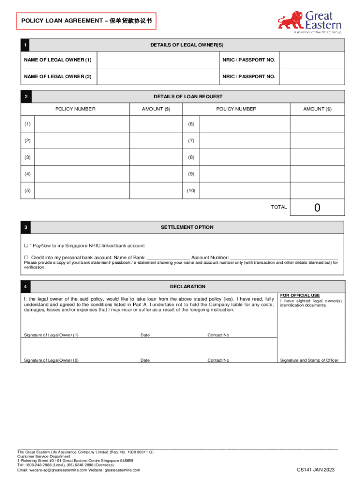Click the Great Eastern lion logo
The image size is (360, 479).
pyautogui.click(x=291, y=21)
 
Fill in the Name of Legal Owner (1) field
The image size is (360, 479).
pyautogui.click(x=157, y=60)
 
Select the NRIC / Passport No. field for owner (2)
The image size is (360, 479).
pyautogui.click(x=312, y=76)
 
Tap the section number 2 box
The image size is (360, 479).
pyautogui.click(x=27, y=97)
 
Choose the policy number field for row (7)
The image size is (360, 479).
pyautogui.click(x=245, y=140)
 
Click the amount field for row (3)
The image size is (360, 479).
pyautogui.click(x=156, y=157)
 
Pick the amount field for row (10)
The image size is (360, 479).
pyautogui.click(x=317, y=190)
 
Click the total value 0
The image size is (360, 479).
pyautogui.click(x=317, y=207)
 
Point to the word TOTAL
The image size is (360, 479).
pyautogui.click(x=279, y=207)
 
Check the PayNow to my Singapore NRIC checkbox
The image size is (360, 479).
pyautogui.click(x=26, y=246)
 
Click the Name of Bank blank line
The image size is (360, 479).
pyautogui.click(x=168, y=258)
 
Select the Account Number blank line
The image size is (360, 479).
pyautogui.click(x=284, y=258)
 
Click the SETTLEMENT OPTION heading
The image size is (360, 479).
pyautogui.click(x=187, y=227)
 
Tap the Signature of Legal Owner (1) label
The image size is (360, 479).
pyautogui.click(x=51, y=335)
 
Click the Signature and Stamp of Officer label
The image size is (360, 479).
pyautogui.click(x=309, y=360)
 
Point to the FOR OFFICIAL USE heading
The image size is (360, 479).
pyautogui.click(x=300, y=296)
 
